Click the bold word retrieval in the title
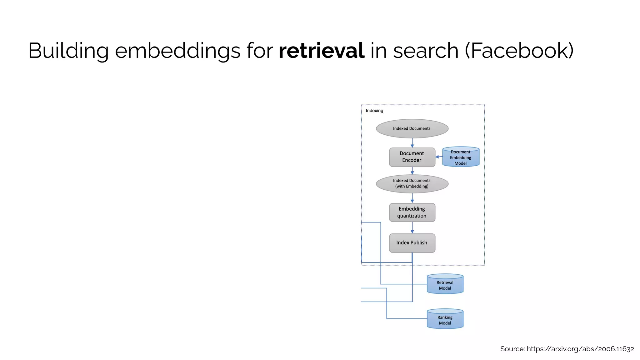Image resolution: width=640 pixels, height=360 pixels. [x=321, y=51]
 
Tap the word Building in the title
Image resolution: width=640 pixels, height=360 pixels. [x=68, y=51]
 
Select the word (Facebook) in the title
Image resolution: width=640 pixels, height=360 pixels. [x=519, y=51]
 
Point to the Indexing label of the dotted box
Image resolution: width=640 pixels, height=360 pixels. [x=374, y=111]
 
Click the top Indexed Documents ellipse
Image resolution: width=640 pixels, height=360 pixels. [x=412, y=128]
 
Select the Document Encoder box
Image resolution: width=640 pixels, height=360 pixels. [x=412, y=157]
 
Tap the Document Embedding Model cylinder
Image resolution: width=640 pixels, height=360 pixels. [x=461, y=157]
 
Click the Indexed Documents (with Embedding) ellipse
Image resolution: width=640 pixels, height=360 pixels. [x=412, y=183]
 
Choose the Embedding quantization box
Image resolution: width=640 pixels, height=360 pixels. [x=412, y=212]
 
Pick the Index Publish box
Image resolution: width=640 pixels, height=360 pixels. [x=412, y=243]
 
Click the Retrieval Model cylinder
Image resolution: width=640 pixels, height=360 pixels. [x=445, y=285]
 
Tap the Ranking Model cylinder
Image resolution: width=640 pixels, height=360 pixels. [x=445, y=319]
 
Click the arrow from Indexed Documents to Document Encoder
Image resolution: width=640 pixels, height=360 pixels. [x=412, y=143]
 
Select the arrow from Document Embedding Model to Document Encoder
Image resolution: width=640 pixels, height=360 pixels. [x=439, y=157]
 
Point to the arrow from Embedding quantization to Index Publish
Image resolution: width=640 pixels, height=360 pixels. [x=412, y=228]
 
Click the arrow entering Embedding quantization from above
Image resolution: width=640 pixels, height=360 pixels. [x=412, y=198]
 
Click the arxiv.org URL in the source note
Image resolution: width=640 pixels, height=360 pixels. [x=580, y=349]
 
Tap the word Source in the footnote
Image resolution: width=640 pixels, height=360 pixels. [x=512, y=349]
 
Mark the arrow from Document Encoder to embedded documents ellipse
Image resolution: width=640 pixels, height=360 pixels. [x=412, y=171]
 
